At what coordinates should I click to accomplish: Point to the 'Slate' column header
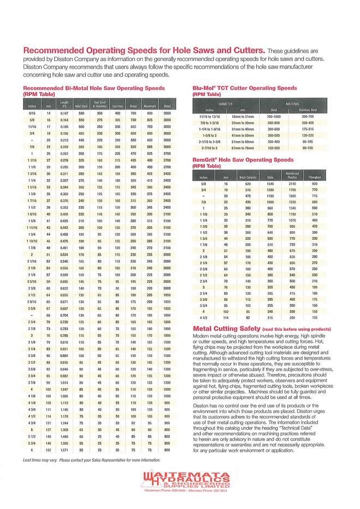click(269, 177)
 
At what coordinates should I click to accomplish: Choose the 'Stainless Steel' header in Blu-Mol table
click(307, 110)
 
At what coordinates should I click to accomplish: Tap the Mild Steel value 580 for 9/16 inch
click(81, 112)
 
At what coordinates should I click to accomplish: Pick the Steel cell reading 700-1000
click(273, 117)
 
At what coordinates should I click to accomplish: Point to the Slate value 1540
click(269, 184)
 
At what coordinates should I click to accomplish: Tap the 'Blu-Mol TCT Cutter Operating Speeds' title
click(245, 87)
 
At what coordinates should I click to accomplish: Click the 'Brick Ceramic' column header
click(247, 177)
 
